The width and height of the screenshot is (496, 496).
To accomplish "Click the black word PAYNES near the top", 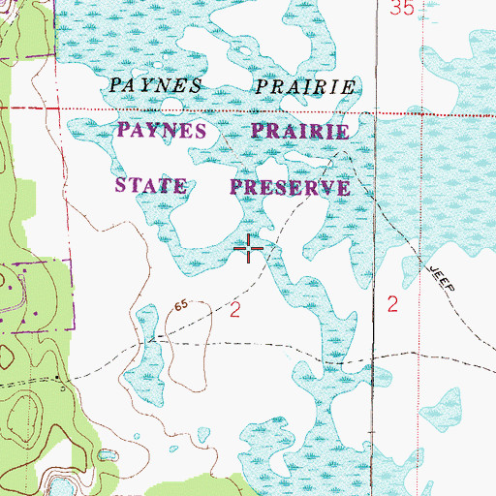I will tap(156, 84).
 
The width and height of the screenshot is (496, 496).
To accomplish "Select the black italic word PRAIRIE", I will tap(303, 89).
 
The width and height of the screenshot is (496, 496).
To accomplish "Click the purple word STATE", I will tap(150, 184).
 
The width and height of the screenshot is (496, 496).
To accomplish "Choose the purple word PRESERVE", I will tap(290, 186).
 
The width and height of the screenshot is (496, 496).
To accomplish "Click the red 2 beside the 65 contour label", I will tap(234, 310).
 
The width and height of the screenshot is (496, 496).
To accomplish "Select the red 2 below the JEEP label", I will tap(392, 304).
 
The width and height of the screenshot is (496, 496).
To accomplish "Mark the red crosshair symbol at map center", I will tap(251, 249).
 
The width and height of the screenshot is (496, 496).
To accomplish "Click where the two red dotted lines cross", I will tap(375, 114).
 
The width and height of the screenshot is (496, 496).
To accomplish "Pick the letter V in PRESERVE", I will tap(327, 188).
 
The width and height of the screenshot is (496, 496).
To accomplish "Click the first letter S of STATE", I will tap(122, 184).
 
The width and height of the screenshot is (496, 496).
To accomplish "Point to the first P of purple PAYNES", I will tap(125, 129).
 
